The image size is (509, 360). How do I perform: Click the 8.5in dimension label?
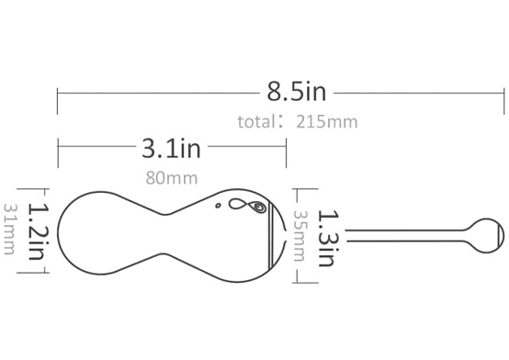pyautogui.click(x=297, y=92)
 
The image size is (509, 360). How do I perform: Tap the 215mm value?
pyautogui.click(x=326, y=122)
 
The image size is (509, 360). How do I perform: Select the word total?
pyautogui.click(x=256, y=122)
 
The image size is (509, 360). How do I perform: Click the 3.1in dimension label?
pyautogui.click(x=171, y=149)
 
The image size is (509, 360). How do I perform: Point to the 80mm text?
pyautogui.click(x=172, y=178)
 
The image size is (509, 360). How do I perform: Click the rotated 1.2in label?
pyautogui.click(x=38, y=231)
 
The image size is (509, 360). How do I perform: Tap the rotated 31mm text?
pyautogui.click(x=9, y=229)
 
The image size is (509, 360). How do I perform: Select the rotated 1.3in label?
pyautogui.click(x=328, y=238)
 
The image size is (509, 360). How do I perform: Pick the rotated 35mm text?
pyautogui.click(x=300, y=236)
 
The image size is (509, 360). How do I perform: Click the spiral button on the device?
pyautogui.click(x=259, y=207)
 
